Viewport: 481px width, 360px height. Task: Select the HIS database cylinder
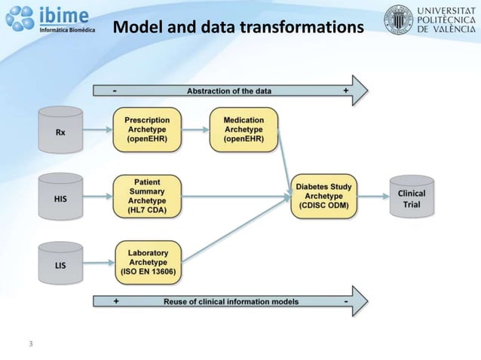[x=60, y=197]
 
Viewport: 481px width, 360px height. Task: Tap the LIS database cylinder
[x=60, y=263]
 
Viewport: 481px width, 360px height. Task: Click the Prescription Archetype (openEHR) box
[x=147, y=129]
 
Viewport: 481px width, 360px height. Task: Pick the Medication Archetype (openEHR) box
[x=244, y=129]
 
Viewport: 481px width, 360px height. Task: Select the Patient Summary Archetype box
[x=147, y=197]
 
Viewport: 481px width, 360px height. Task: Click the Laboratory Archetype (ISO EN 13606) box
[x=149, y=261]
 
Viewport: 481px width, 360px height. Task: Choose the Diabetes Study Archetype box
[x=323, y=197]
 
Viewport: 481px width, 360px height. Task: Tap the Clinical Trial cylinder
[x=412, y=197]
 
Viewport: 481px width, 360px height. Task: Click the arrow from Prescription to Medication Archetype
[x=196, y=129]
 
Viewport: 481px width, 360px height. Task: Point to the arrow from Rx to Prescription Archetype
[x=98, y=129]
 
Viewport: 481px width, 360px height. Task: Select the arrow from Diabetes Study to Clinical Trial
[x=372, y=197]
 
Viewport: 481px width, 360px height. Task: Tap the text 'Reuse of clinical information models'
[x=231, y=301]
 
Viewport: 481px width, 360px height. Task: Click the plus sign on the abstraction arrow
[x=345, y=90]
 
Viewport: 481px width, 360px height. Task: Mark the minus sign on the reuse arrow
[x=345, y=301]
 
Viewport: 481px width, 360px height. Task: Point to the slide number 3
[x=30, y=344]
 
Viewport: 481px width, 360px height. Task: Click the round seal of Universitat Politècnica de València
[x=398, y=20]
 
